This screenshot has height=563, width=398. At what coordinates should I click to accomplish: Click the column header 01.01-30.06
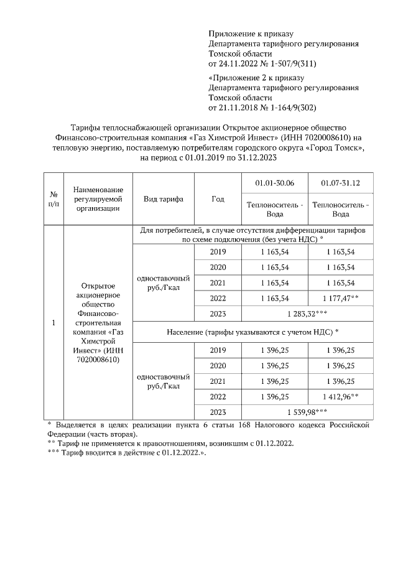(274, 184)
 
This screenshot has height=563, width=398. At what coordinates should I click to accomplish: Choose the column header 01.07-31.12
(340, 184)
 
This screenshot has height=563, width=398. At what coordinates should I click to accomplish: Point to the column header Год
(218, 199)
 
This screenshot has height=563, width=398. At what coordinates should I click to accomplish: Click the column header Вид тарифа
(163, 199)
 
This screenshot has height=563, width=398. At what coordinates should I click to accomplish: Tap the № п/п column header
(53, 199)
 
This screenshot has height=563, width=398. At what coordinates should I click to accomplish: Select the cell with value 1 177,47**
(340, 298)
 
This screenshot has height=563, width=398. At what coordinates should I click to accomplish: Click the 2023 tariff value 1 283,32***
(307, 314)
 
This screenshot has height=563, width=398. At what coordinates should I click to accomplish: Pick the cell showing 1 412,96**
(340, 396)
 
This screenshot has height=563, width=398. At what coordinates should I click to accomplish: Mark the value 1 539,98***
(307, 411)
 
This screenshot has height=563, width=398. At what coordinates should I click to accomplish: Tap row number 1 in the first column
(53, 323)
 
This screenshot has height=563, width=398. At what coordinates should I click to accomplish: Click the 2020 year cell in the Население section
(218, 365)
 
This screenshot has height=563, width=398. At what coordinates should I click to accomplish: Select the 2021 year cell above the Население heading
(218, 283)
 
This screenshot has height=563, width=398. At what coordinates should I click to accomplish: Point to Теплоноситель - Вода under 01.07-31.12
(340, 209)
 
